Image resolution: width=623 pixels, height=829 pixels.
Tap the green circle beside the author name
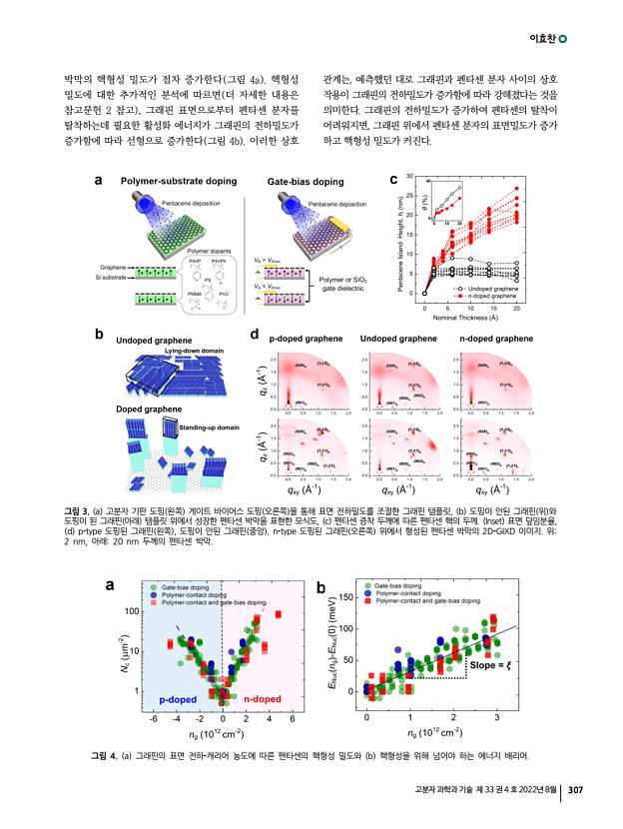click(564, 39)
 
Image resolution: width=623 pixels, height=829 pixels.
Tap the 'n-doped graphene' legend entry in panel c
click(489, 297)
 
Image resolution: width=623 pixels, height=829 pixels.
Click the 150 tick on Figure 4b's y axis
click(345, 597)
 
